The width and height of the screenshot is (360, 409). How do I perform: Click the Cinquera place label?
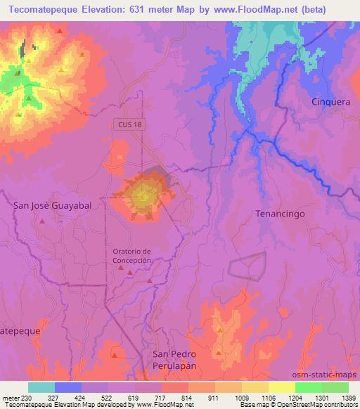[x=330, y=102]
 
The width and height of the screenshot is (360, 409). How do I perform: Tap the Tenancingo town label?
[x=280, y=214]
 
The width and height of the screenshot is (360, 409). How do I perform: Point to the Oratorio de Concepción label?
[x=132, y=256]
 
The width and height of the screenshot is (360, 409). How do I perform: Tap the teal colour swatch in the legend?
[x=41, y=387]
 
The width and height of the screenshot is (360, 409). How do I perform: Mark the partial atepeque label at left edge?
[x=20, y=330]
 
